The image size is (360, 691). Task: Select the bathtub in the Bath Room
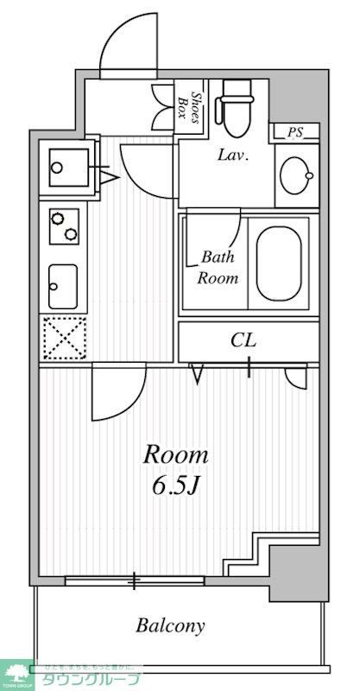[278, 263]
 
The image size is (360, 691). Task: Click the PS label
[296, 133]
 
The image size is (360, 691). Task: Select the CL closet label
[243, 341]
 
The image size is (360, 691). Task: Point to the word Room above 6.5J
[175, 453]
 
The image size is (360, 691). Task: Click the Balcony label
[170, 625]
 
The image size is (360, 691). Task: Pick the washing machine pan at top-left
[65, 164]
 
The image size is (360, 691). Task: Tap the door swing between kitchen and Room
[117, 391]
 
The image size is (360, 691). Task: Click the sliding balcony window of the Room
[135, 580]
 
